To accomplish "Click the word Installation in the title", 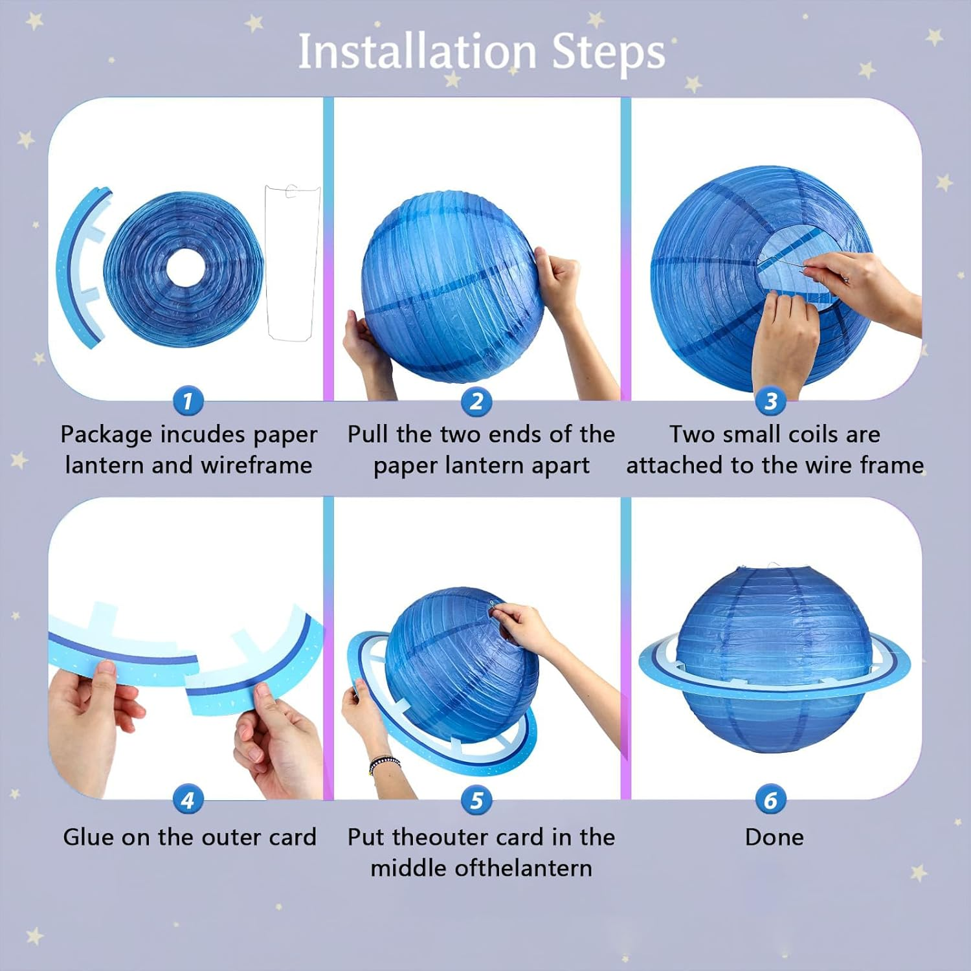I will pos(417,52).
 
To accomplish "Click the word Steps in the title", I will pos(608,52).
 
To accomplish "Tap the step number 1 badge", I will pos(188,401).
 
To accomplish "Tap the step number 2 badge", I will pos(476,401).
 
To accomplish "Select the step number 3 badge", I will pos(770,401).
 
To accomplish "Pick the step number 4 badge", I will pos(188,801).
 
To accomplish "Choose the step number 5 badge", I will pos(476,801).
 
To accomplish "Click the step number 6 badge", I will pos(770,801).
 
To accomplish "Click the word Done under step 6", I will pos(774,837).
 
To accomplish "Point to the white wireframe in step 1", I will pos(293,262).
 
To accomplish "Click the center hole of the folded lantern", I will pos(186,267).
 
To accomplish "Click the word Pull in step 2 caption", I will pos(368,434).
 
